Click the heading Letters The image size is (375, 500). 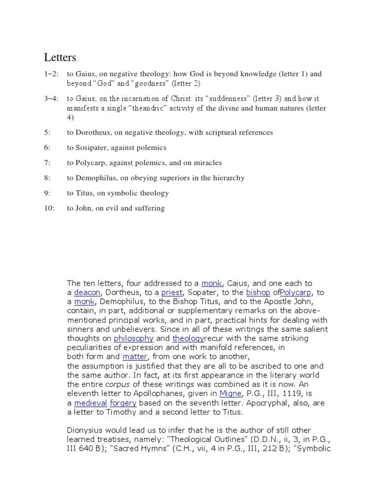(60, 58)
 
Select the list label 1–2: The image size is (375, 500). (52, 74)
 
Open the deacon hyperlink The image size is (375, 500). (87, 292)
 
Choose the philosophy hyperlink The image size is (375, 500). (133, 338)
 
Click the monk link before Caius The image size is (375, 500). (212, 283)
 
